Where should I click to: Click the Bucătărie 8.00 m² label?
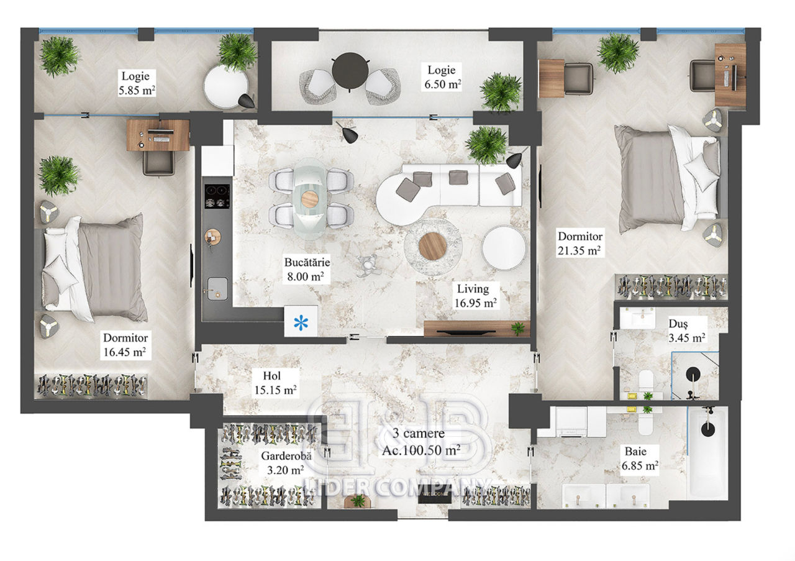pyautogui.click(x=307, y=269)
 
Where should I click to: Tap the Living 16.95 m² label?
pyautogui.click(x=475, y=296)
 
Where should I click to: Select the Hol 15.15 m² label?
pyautogui.click(x=275, y=383)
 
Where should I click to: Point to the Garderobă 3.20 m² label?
pyautogui.click(x=286, y=463)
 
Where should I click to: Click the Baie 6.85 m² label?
pyautogui.click(x=640, y=458)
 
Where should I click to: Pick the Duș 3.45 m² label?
pyautogui.click(x=686, y=331)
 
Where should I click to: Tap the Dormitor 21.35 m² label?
pyautogui.click(x=579, y=244)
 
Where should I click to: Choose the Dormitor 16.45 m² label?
pyautogui.click(x=125, y=345)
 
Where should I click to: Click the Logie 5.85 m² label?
pyautogui.click(x=136, y=83)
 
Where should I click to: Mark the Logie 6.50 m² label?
pyautogui.click(x=442, y=77)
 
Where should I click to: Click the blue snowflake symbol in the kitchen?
pyautogui.click(x=301, y=323)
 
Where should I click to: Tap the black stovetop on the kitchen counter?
pyautogui.click(x=217, y=196)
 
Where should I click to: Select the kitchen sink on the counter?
pyautogui.click(x=217, y=288)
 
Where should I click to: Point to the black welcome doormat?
pyautogui.click(x=435, y=498)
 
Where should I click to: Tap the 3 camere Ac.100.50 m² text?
pyautogui.click(x=421, y=442)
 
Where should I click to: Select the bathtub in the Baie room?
pyautogui.click(x=708, y=452)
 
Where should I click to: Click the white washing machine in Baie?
pyautogui.click(x=571, y=422)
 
